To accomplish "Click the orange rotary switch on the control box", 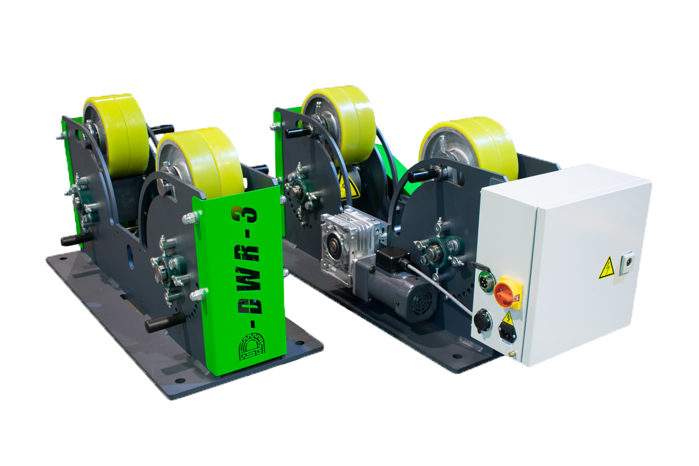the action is [x=508, y=292].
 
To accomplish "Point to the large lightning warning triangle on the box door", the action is [x=606, y=268].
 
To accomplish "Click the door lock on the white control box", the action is [x=627, y=263].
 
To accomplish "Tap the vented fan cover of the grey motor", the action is [x=421, y=302].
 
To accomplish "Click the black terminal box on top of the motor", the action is [x=393, y=258].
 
